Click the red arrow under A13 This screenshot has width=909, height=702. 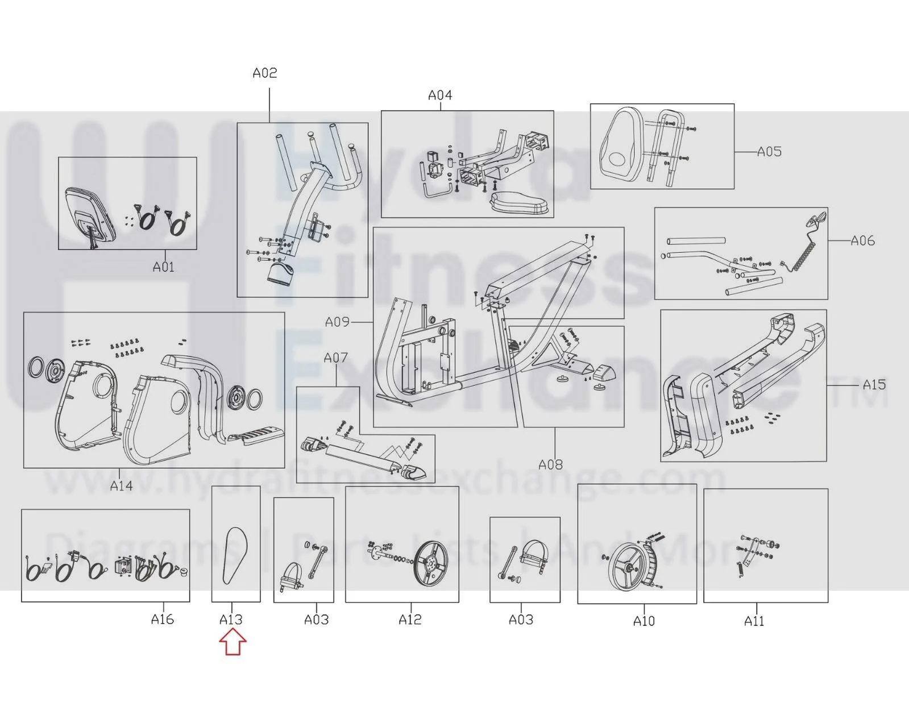(233, 642)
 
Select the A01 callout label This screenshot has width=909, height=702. (164, 267)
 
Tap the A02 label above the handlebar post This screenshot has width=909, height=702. (265, 73)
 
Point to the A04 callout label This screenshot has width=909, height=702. (440, 95)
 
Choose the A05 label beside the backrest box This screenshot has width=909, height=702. (769, 151)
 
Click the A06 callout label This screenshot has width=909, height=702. (862, 240)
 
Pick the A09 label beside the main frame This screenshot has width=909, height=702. (337, 322)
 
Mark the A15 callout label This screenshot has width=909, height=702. (874, 384)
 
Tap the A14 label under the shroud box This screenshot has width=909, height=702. (121, 485)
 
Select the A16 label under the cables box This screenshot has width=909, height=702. (163, 619)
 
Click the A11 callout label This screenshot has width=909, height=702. (754, 621)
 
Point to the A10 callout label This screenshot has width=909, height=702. (644, 621)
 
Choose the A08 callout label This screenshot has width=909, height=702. (550, 464)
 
